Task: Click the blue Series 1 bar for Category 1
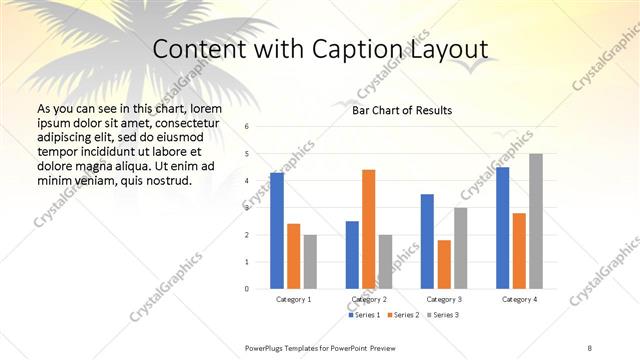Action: pyautogui.click(x=277, y=231)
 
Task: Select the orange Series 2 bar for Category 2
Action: pyautogui.click(x=369, y=229)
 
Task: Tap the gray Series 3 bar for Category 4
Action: pyautogui.click(x=536, y=221)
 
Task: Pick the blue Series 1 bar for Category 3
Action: pyautogui.click(x=427, y=241)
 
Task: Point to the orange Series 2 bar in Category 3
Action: pyautogui.click(x=444, y=264)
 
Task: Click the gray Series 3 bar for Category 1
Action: pyautogui.click(x=310, y=261)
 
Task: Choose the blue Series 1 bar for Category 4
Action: pyautogui.click(x=502, y=228)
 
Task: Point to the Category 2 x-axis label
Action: pyautogui.click(x=369, y=299)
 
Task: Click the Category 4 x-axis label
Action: pyautogui.click(x=519, y=299)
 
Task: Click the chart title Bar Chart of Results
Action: pyautogui.click(x=402, y=110)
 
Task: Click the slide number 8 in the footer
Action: pyautogui.click(x=590, y=346)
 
